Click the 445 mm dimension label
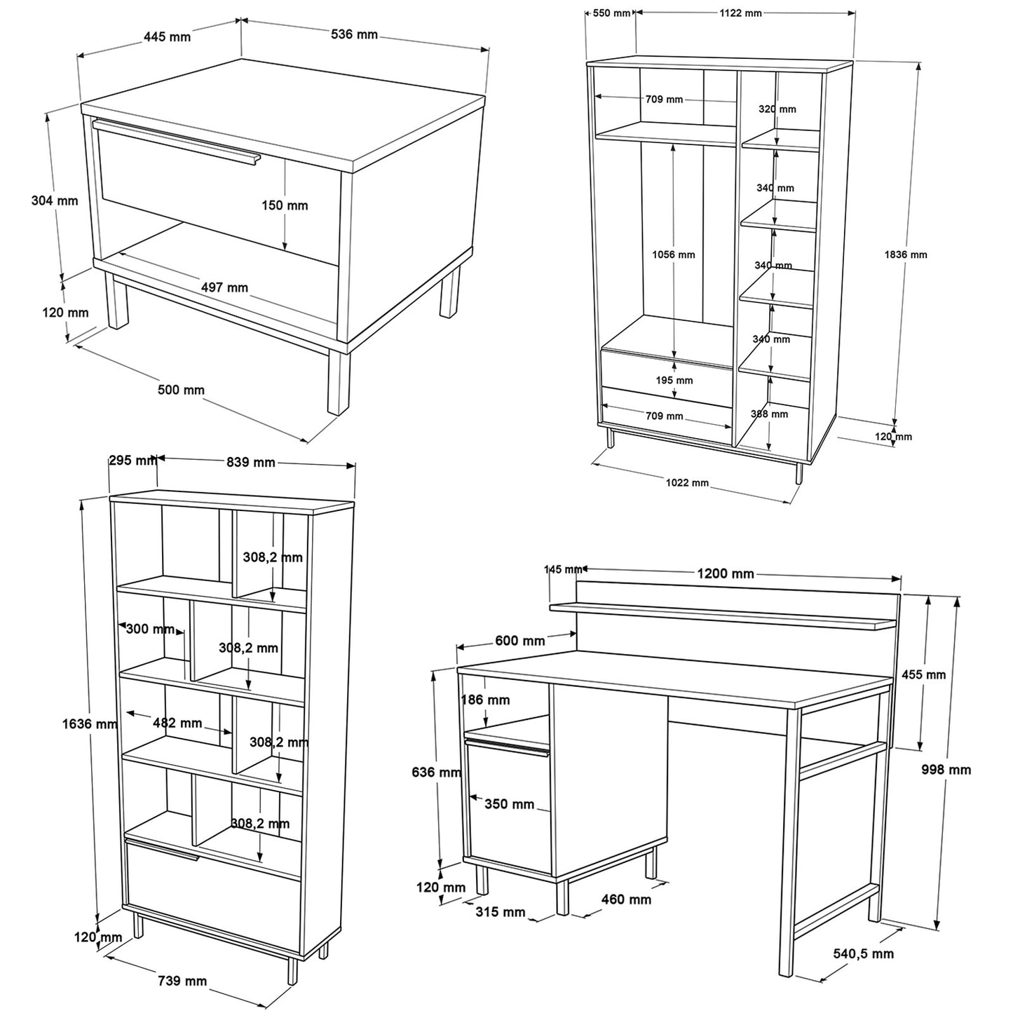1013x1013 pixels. [x=167, y=36]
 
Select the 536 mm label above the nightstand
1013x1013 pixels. [x=354, y=34]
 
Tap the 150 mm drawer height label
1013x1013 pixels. [x=285, y=205]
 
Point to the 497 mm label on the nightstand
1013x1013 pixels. [x=224, y=287]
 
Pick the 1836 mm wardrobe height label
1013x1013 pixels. [x=906, y=255]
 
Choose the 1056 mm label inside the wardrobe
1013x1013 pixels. [x=674, y=255]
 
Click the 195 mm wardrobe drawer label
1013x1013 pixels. [x=674, y=380]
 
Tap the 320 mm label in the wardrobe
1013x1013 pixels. [x=777, y=109]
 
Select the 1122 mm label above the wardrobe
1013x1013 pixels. [x=741, y=13]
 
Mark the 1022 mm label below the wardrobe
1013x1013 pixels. [x=687, y=482]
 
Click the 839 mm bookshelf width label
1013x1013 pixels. [x=251, y=462]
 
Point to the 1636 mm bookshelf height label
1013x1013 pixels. [x=89, y=724]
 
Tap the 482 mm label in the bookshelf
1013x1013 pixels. [x=177, y=723]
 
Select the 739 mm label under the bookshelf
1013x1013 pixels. [x=182, y=981]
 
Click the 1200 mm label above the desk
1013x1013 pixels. [x=726, y=574]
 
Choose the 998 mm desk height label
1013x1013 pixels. [x=946, y=770]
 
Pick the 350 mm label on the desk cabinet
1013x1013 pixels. [x=510, y=804]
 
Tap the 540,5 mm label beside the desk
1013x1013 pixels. [x=864, y=953]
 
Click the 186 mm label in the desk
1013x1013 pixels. [x=485, y=700]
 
